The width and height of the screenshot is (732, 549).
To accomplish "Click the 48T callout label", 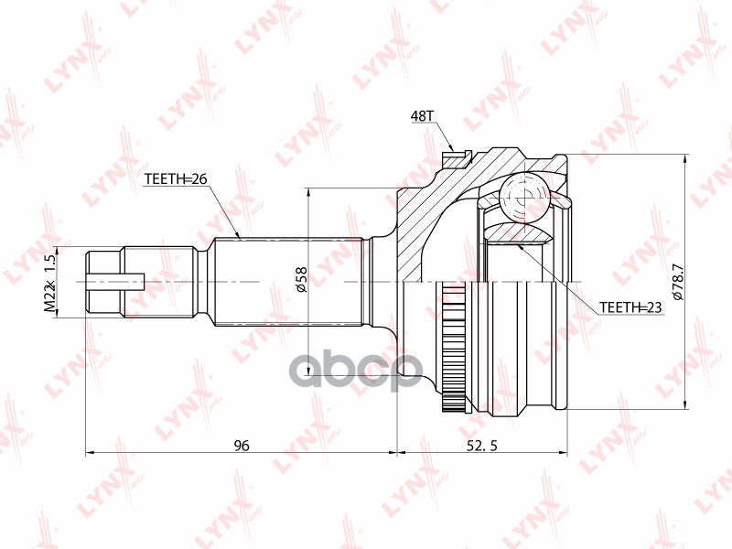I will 422,116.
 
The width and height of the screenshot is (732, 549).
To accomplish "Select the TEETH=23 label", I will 630,307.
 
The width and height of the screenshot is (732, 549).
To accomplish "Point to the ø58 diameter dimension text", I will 300,281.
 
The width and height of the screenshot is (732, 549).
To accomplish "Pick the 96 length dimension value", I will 242,446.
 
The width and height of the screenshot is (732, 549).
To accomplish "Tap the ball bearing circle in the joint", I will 523,196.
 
